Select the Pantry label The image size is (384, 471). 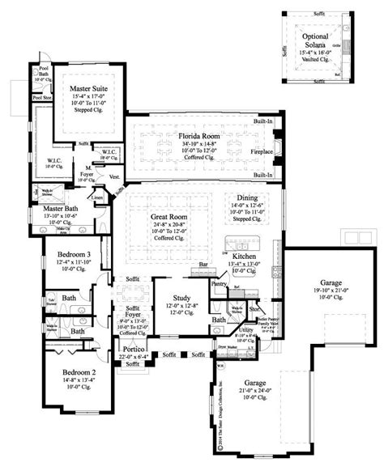coord(219,284)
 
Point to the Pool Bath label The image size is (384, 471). coord(42,72)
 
